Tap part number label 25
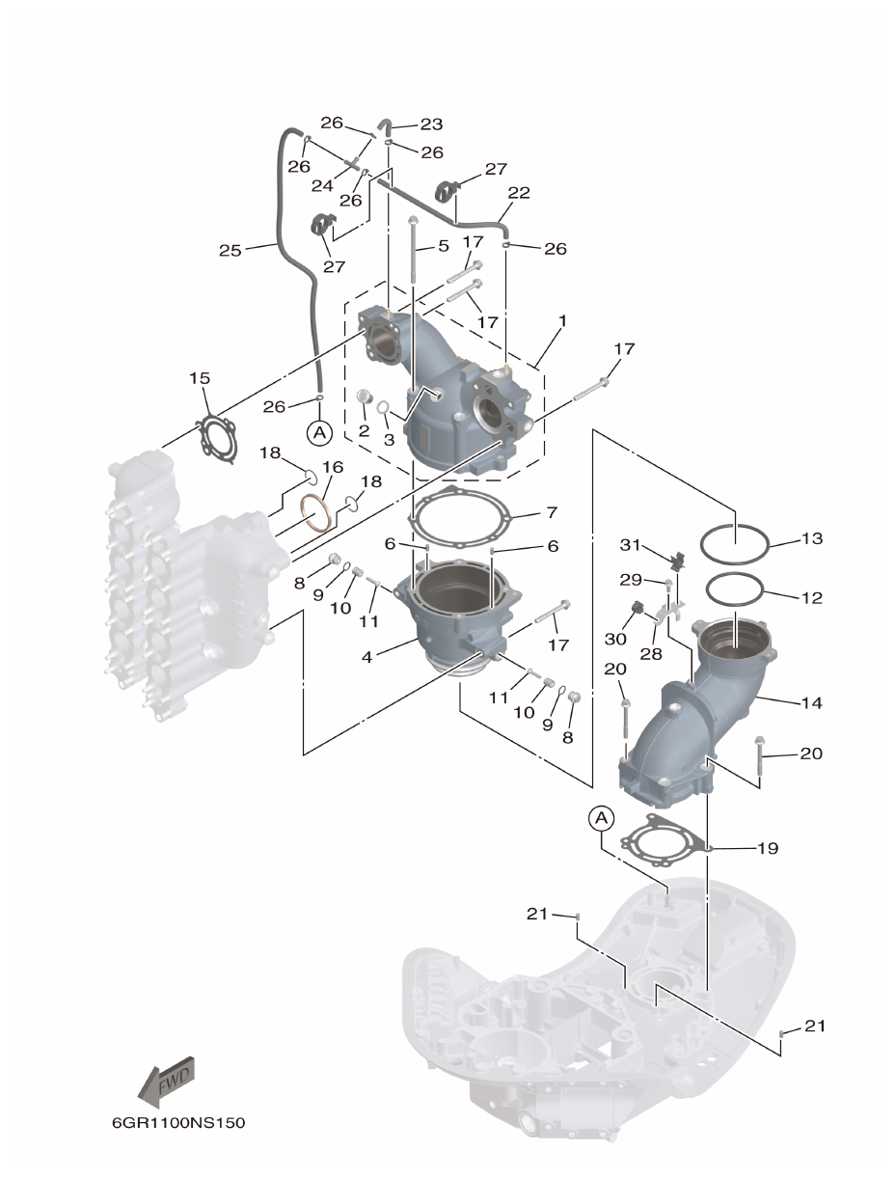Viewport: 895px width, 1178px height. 230,251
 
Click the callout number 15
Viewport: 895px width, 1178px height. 199,378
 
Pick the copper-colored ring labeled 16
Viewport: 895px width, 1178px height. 317,512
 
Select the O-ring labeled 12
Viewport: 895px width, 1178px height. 735,587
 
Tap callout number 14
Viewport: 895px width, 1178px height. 811,702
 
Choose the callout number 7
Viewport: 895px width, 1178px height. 552,511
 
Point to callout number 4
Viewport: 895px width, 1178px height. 366,657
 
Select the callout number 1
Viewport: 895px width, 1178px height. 562,319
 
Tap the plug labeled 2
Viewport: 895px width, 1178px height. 365,397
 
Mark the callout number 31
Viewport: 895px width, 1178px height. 631,545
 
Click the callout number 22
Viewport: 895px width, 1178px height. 519,193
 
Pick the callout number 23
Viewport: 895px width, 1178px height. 430,123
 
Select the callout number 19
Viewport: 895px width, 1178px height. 768,848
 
